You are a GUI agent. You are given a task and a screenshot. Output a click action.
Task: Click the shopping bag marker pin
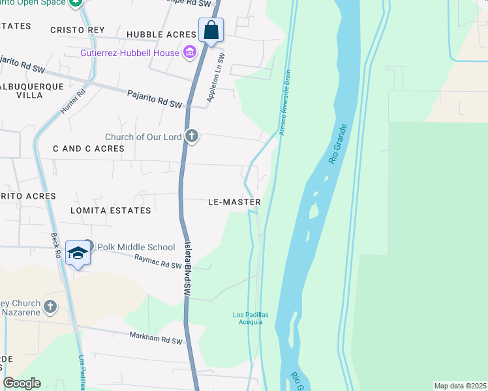tap(211, 30)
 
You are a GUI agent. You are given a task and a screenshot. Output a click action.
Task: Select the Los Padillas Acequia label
tap(248, 319)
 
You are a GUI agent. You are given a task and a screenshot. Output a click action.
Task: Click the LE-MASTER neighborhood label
tap(234, 202)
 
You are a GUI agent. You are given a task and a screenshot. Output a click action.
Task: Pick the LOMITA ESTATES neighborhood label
tap(112, 210)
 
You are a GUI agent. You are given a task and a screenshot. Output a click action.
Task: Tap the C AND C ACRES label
tap(89, 149)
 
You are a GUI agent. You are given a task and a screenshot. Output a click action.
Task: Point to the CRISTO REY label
tap(78, 30)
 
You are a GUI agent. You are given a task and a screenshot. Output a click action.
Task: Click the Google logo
tap(22, 383)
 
